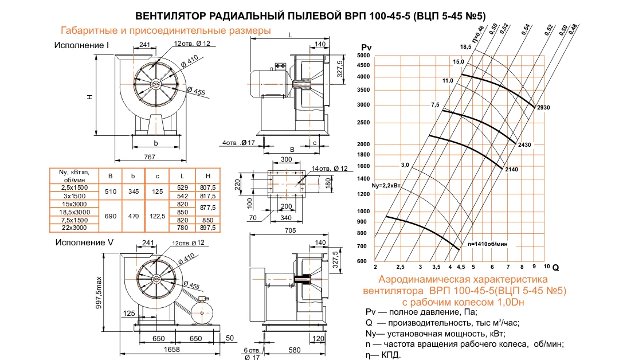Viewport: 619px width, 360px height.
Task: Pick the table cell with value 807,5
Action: point(207,187)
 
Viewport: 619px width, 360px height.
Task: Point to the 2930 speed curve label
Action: point(543,107)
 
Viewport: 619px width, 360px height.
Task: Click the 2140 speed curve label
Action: point(512,170)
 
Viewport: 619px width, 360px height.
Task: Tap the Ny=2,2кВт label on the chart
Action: point(386,186)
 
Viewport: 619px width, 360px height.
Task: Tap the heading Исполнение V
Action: point(84,242)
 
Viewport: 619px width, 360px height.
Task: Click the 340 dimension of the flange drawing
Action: point(288,218)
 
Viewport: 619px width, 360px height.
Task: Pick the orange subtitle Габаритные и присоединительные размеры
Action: point(166,30)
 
